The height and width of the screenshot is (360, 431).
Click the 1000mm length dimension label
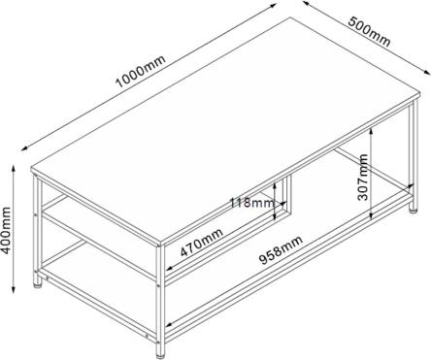tap(141, 72)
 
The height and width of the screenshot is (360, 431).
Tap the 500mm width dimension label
tap(369, 31)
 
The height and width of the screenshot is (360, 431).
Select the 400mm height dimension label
tap(6, 230)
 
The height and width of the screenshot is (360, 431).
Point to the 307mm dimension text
tap(363, 178)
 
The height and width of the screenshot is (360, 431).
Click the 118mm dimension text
tap(252, 203)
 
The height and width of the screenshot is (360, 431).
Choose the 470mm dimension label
tap(202, 243)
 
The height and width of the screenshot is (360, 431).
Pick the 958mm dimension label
tap(282, 249)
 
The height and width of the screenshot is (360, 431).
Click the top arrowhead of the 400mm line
tap(14, 169)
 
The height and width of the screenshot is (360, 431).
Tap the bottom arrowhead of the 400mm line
tap(14, 289)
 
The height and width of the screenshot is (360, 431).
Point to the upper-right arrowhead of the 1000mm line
tap(273, 5)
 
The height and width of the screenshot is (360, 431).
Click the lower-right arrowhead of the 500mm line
tap(427, 72)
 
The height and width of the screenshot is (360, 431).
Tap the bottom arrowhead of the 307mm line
tap(372, 215)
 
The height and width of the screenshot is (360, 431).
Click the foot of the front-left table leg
tap(38, 285)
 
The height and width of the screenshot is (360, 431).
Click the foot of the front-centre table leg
tap(161, 357)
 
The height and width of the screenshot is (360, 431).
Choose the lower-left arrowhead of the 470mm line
tap(170, 268)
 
